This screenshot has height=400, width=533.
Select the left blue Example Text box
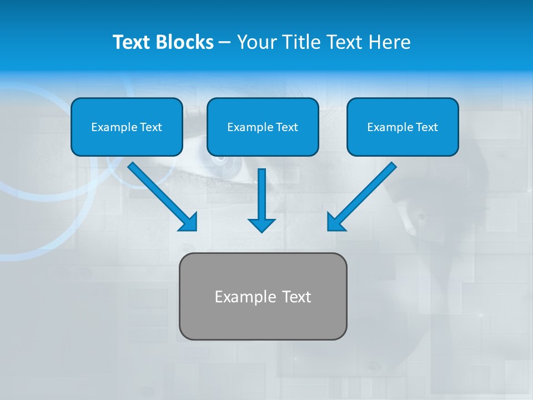click(127, 127)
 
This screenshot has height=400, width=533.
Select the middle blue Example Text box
click(263, 127)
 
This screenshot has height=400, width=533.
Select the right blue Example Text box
click(403, 127)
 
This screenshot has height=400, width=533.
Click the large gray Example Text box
click(263, 296)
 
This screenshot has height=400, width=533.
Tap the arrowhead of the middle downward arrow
click(262, 224)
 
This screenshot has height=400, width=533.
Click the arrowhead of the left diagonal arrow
click(189, 222)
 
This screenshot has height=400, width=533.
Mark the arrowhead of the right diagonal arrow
click(335, 222)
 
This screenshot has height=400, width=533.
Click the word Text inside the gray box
click(296, 297)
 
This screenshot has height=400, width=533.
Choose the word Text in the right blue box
click(427, 127)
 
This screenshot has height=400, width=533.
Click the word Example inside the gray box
click(245, 297)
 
